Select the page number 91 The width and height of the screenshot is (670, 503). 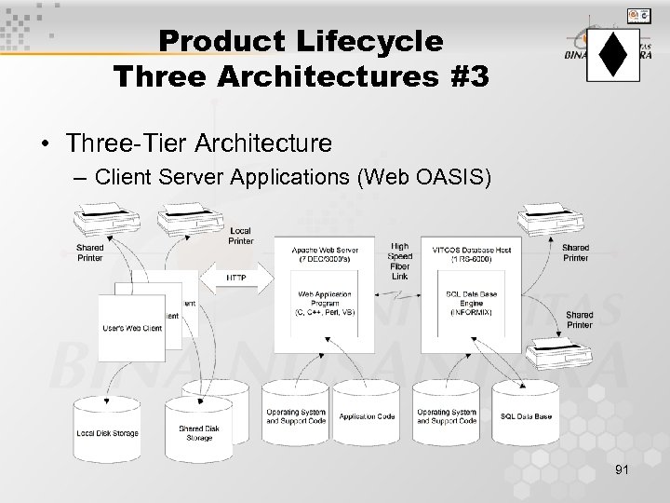[x=622, y=471]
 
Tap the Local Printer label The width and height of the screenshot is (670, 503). [x=240, y=236]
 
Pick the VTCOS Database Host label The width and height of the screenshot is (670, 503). [x=464, y=253]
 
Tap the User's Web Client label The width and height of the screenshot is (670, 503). [x=132, y=328]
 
